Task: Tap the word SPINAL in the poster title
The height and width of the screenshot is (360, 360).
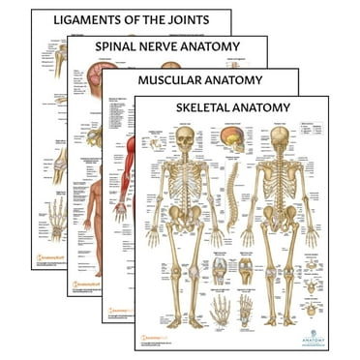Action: click(119, 46)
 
